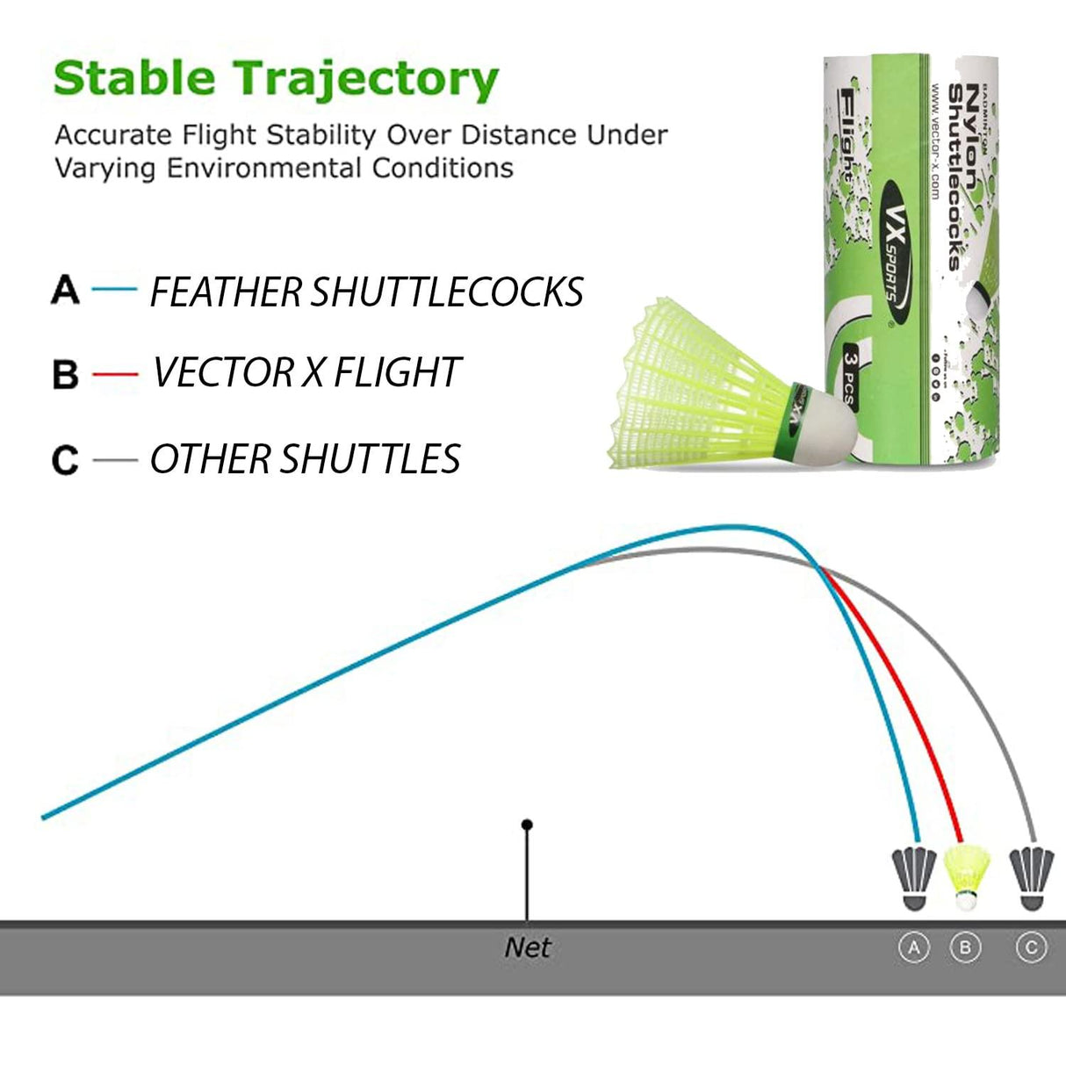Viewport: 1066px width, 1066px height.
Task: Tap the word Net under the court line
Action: (528, 947)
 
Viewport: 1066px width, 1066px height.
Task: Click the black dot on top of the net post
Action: (527, 825)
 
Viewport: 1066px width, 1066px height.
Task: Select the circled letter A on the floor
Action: (914, 947)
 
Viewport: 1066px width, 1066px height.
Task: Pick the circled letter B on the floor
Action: (966, 947)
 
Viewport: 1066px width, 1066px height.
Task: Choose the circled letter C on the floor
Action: (1031, 947)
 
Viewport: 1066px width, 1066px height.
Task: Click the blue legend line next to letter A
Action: (114, 289)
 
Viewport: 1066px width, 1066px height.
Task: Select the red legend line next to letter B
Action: (115, 374)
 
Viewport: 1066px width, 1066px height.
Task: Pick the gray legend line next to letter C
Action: (114, 459)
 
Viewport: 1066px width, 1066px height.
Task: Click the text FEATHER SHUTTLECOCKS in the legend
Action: (366, 292)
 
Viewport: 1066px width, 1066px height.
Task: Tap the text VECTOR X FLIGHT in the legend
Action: (306, 372)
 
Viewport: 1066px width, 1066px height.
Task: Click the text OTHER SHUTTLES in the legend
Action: (305, 459)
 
